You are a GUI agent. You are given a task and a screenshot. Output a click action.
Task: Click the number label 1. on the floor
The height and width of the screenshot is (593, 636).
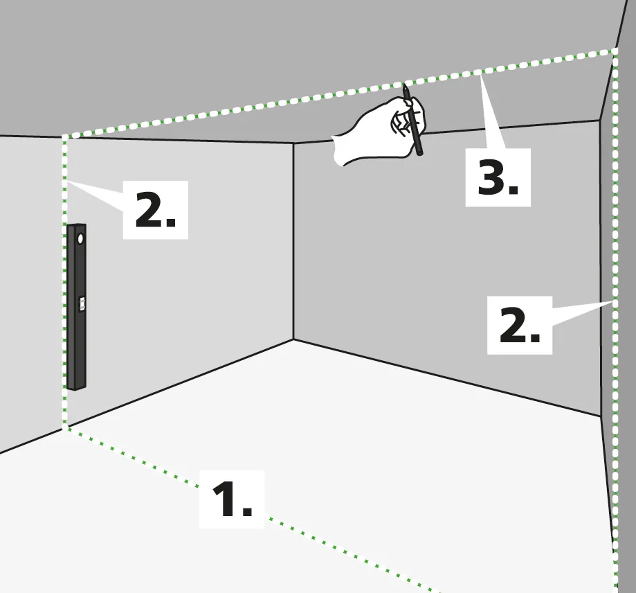[x=232, y=499]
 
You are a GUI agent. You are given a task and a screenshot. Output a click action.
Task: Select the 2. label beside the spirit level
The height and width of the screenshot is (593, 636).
[x=155, y=210]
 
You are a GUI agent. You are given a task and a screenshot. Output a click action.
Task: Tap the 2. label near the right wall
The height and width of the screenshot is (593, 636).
[x=520, y=325]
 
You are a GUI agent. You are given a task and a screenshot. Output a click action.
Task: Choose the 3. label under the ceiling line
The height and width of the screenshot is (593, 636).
[x=498, y=177]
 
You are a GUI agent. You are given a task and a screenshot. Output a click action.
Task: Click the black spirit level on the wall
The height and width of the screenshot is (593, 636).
[x=76, y=307]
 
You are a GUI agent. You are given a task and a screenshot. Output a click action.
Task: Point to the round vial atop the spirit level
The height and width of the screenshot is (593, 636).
[x=80, y=239]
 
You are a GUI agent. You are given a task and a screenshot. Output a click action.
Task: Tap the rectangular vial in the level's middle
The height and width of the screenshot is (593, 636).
[x=82, y=303]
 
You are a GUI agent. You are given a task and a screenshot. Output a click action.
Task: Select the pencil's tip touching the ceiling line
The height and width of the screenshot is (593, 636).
[x=404, y=85]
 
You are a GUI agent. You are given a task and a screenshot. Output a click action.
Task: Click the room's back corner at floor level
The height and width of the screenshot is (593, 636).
[x=293, y=339]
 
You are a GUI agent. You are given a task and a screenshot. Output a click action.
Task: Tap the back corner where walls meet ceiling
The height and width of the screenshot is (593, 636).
[x=293, y=143]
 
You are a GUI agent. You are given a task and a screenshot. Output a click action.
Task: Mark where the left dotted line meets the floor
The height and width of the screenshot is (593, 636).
[x=64, y=427]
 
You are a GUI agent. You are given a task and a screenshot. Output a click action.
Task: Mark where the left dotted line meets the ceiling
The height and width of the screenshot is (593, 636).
[x=64, y=137]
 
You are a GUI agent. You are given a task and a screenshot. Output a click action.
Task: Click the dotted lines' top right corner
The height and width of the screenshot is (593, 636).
[x=615, y=51]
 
